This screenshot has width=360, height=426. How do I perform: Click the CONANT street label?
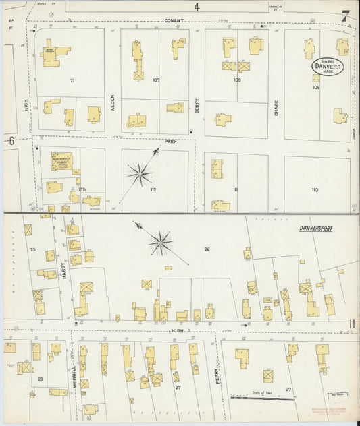coord(174,21)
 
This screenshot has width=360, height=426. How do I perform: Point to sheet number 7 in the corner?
coord(345,16)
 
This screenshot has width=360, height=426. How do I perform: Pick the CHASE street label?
coord(276,108)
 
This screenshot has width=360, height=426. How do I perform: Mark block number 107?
coord(156,80)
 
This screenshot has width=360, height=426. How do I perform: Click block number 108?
coord(236,80)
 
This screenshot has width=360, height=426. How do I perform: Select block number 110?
coord(314,190)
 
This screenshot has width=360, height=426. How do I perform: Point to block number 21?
coord(71,80)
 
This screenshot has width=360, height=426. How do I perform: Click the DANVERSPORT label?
coord(316,229)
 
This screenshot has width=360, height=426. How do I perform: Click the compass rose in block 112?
coord(139,174)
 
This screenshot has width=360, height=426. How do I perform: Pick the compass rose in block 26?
coord(161,242)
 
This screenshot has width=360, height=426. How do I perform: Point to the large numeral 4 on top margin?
coord(197,7)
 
